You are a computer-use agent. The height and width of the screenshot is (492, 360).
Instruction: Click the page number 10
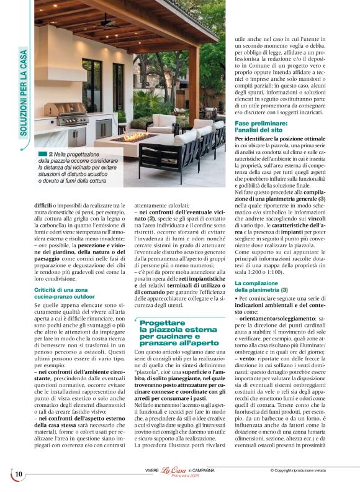point(19,475)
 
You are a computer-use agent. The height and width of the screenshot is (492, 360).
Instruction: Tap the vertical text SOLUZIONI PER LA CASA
point(24,93)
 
